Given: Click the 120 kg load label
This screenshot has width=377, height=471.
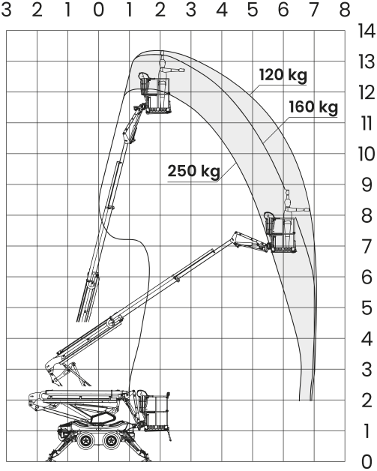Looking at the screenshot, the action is (283, 75).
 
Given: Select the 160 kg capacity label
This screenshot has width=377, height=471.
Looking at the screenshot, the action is (313, 107).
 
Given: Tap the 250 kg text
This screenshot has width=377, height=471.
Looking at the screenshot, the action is (193, 171).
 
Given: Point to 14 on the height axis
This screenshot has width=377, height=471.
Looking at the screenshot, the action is (367, 31).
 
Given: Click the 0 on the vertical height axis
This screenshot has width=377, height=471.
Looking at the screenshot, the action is (367, 461).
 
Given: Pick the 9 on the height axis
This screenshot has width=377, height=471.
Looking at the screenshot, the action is (367, 184).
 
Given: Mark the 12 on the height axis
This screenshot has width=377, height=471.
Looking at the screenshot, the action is (367, 92).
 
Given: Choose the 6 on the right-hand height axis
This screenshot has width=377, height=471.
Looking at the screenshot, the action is (367, 277).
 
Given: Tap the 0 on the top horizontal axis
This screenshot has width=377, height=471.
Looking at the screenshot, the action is (98, 10).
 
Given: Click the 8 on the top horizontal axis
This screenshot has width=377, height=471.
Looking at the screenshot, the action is (345, 10).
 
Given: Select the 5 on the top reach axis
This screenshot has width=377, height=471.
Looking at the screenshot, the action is (253, 10).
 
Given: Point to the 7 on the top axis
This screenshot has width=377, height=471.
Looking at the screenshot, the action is (314, 10).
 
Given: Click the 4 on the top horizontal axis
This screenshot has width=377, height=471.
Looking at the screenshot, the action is (222, 10).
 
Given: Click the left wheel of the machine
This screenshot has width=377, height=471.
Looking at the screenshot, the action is (87, 440).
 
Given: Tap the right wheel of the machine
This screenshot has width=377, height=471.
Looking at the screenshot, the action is (111, 440).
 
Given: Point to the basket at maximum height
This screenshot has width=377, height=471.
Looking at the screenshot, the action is (156, 95).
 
